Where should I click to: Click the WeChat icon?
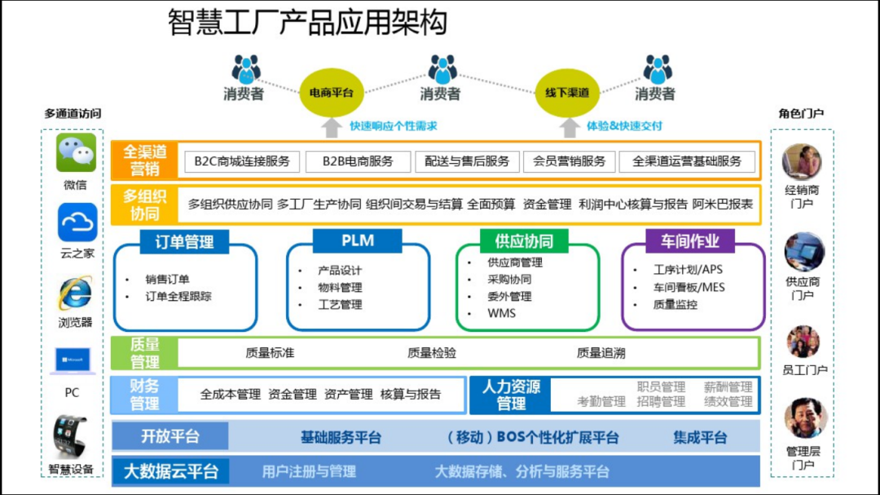76,152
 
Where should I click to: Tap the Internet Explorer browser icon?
75,294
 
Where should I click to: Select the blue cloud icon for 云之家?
77,223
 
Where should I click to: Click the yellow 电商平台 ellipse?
332,93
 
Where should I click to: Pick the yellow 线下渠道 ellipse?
567,93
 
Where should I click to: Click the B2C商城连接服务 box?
242,161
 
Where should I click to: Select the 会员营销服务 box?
569,161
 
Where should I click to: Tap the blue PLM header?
358,241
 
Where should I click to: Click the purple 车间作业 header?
690,241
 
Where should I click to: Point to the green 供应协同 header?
524,241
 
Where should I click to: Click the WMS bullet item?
501,313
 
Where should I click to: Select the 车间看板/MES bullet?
689,288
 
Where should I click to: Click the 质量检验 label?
432,353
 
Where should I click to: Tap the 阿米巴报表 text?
722,205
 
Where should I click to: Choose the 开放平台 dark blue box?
170,436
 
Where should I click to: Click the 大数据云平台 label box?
170,471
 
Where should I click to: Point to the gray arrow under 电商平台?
332,127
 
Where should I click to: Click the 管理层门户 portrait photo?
805,418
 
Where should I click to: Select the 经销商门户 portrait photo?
802,161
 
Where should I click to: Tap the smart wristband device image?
70,437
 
